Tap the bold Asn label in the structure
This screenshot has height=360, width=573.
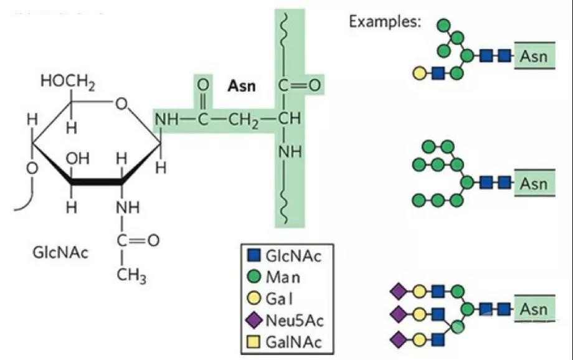pos(241,86)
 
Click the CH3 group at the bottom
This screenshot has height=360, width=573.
pos(131,275)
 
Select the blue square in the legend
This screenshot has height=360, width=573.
pos(252,256)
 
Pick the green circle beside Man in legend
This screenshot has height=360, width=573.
pos(252,277)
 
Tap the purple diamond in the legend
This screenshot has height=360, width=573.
pos(252,321)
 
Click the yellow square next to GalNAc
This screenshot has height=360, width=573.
pos(252,343)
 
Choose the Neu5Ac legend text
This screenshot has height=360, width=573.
pos(295,321)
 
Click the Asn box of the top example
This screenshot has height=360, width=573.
pos(534,57)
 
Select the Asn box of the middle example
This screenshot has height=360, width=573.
pos(534,184)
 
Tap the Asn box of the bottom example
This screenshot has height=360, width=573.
pos(534,310)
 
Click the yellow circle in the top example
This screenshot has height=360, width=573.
pos(420,74)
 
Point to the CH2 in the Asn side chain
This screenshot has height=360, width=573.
pos(242,118)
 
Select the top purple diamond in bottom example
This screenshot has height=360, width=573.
pos(398,291)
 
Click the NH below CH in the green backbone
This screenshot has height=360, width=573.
pos(290,151)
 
